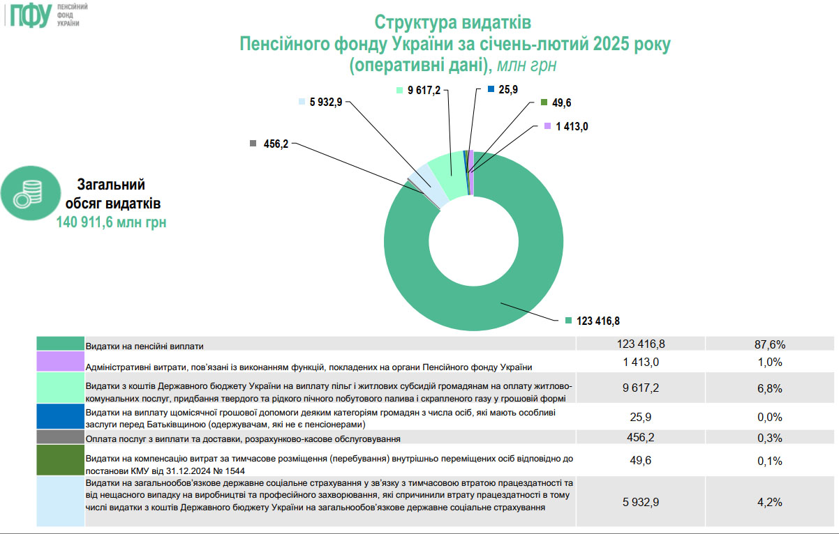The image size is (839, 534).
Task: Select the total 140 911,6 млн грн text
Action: (x=112, y=222)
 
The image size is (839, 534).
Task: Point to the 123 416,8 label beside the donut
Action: (x=597, y=321)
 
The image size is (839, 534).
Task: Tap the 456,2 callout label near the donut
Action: (x=276, y=144)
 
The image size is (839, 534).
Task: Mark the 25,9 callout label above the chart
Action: (x=508, y=89)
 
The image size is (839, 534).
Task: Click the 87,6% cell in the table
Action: (x=771, y=344)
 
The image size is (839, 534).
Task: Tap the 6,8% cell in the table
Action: (x=771, y=388)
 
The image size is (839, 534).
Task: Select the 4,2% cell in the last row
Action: (x=771, y=502)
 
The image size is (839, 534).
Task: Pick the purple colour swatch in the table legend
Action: (x=59, y=362)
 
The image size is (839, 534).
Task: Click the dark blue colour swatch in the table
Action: (x=59, y=417)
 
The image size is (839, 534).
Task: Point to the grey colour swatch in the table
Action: (x=59, y=438)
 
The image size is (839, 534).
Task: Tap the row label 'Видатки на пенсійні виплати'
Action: (x=144, y=346)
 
